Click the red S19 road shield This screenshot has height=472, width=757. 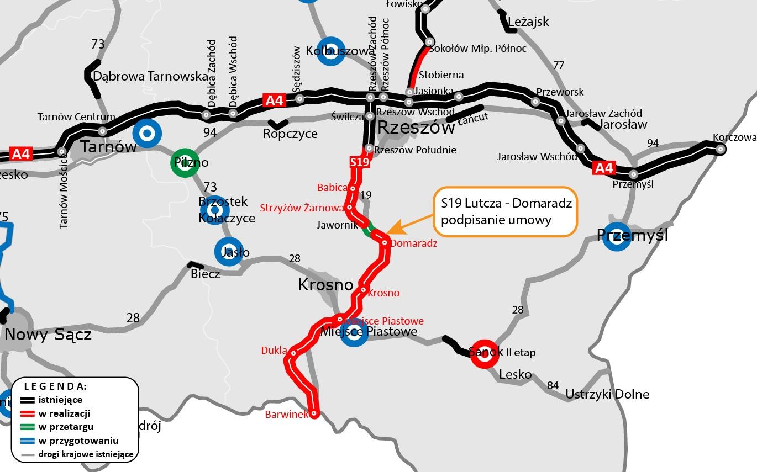coord(359,162)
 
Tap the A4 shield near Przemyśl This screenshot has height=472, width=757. coord(603,168)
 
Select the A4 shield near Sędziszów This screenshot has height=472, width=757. coord(274,100)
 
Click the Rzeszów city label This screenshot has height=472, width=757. coord(416,128)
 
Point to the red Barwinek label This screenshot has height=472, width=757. coord(286,414)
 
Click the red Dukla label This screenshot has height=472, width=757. coord(274,350)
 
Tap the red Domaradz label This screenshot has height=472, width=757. coord(413,243)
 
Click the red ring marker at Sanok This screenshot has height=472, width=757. coord(485,354)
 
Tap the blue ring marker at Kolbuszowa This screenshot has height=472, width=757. coord(330,51)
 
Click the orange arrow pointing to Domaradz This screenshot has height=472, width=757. coord(406,224)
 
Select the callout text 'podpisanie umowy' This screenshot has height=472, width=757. coord(496,220)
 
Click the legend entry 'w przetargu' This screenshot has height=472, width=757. coord(65,427)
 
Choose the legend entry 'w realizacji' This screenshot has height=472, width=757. coord(64,413)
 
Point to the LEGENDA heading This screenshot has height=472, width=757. coord(55,386)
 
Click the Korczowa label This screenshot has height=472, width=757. coord(734,137)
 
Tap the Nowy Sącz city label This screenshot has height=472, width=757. coord(48,335)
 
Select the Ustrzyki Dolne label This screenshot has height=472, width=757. coord(607,394)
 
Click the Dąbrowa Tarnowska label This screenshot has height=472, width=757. coord(150,76)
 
